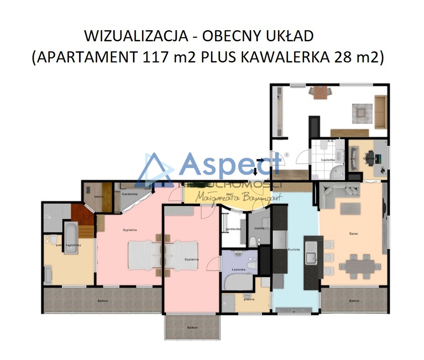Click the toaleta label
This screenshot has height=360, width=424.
pos(259,228)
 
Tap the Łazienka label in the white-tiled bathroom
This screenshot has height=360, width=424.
pos(328,160)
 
